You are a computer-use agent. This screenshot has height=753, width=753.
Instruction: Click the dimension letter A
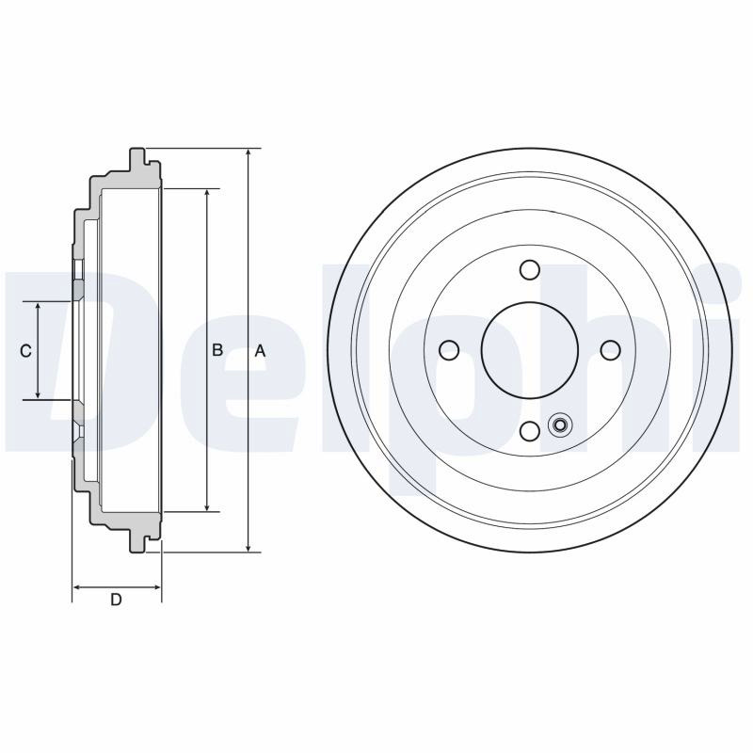[260, 351]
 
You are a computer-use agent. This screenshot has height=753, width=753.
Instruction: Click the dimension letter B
[217, 349]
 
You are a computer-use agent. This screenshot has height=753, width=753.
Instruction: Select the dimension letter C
[26, 351]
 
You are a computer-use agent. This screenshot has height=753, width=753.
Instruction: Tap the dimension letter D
[116, 600]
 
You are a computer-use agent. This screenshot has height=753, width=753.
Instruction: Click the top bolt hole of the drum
[530, 269]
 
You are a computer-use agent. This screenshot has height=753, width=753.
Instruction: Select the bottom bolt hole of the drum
[530, 431]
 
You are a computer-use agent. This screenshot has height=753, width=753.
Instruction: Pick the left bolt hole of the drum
[449, 349]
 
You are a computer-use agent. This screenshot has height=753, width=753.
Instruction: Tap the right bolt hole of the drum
[610, 349]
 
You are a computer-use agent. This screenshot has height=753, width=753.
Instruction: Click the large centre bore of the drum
[530, 350]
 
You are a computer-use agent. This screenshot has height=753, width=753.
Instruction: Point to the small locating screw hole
[559, 425]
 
